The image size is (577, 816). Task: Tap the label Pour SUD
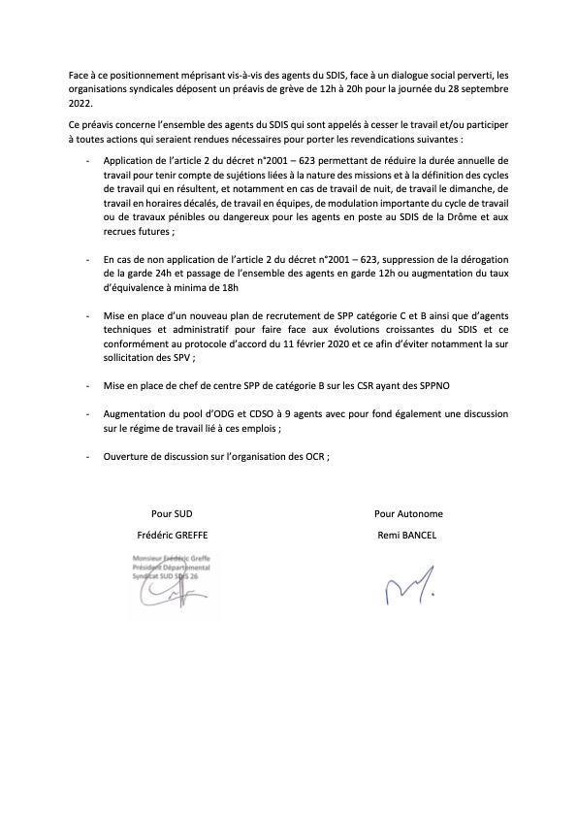point(172,513)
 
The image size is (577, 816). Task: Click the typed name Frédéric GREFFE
point(173,535)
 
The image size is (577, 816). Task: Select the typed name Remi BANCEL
point(407,535)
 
